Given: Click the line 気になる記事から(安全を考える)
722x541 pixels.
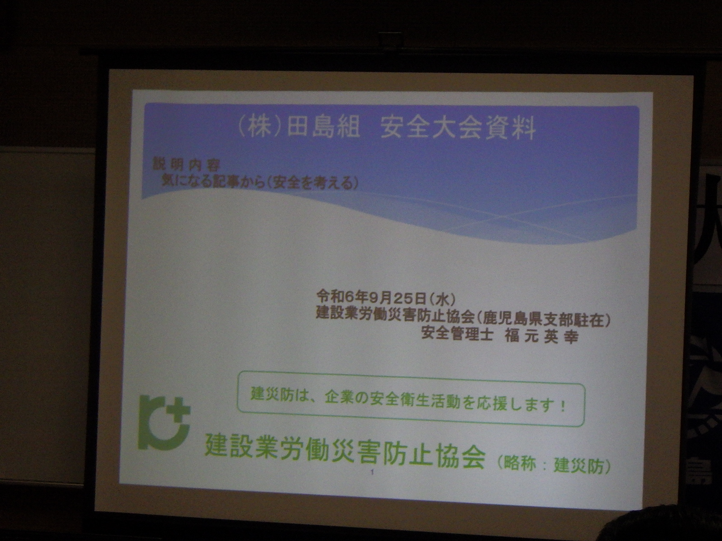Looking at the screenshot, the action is tap(259, 183).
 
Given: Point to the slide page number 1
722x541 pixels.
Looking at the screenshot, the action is tap(372, 472).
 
